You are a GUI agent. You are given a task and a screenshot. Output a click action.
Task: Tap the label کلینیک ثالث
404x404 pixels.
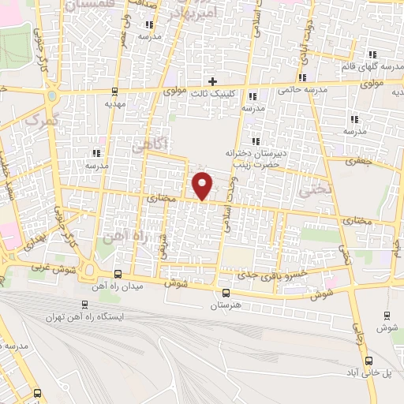(x=211, y=92)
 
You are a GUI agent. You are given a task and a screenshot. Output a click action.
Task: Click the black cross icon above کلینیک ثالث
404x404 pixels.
(x=212, y=80)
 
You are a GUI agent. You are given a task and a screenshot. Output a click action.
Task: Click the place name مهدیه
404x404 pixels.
(x=116, y=103)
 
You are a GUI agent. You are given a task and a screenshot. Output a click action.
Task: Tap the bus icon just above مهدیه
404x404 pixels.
(x=116, y=92)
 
